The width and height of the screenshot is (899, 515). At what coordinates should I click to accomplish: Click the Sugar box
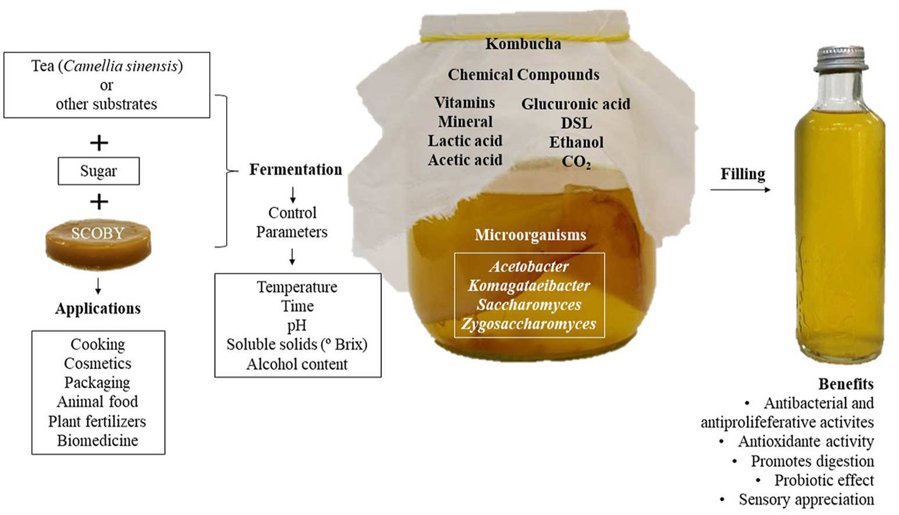[x=98, y=171]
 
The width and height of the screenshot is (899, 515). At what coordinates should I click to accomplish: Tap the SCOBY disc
[x=98, y=244]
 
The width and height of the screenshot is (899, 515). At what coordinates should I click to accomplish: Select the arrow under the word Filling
[x=740, y=189]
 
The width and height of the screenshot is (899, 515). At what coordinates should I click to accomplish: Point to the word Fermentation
[x=295, y=170]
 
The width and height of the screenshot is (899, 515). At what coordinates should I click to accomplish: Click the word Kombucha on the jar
[x=523, y=44]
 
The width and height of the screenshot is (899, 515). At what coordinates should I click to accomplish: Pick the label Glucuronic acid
[x=575, y=104]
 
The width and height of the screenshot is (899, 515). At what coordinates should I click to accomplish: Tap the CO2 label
[x=576, y=162]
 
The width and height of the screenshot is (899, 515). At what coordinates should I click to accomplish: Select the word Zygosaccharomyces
[x=529, y=324]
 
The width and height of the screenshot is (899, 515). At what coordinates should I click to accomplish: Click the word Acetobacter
[x=529, y=267]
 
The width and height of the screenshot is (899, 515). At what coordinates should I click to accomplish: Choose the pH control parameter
[x=297, y=326]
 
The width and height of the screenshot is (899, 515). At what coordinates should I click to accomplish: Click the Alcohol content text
[x=297, y=364]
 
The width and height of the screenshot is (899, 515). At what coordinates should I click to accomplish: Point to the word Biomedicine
[x=98, y=441]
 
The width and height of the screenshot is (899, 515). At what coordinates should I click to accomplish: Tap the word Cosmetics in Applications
[x=98, y=364]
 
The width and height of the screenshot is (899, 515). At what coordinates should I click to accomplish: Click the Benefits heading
[x=846, y=384]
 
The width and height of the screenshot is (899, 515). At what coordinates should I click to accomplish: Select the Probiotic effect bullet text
[x=823, y=481]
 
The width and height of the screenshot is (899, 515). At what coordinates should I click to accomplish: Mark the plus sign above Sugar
[x=99, y=142]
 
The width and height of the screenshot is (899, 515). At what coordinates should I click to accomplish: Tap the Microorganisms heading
[x=530, y=235]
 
